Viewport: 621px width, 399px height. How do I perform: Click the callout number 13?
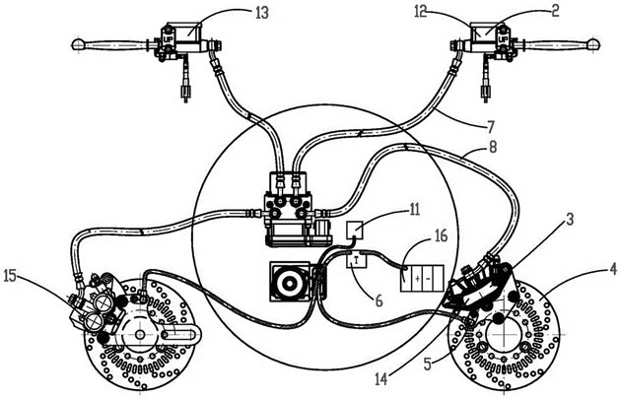(x=262, y=13)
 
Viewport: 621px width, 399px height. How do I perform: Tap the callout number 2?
(x=555, y=11)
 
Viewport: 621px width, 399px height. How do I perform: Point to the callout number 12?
(x=421, y=12)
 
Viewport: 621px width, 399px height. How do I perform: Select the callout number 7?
(x=490, y=127)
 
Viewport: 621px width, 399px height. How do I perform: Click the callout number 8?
(x=492, y=147)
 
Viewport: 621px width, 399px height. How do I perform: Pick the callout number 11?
(x=414, y=210)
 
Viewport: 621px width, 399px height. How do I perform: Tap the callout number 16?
(x=441, y=235)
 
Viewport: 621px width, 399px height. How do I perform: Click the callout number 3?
(x=569, y=219)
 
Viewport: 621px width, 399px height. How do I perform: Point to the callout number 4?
(x=613, y=270)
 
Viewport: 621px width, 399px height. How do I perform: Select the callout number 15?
(x=10, y=276)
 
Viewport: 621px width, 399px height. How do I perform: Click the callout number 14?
(x=381, y=379)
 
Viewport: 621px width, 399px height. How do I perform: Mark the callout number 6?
(x=379, y=301)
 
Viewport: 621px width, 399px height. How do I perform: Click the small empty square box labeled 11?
(x=355, y=231)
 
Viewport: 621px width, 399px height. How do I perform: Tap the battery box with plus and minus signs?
(x=422, y=279)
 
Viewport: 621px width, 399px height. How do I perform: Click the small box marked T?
(x=357, y=261)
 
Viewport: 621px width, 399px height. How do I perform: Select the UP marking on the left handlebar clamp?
(x=168, y=40)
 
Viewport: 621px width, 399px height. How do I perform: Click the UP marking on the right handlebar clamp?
(x=503, y=39)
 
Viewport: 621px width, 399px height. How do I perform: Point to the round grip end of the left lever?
(x=78, y=44)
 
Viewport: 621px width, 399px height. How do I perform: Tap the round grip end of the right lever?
(x=593, y=43)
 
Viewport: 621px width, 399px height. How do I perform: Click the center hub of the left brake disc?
(x=139, y=335)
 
